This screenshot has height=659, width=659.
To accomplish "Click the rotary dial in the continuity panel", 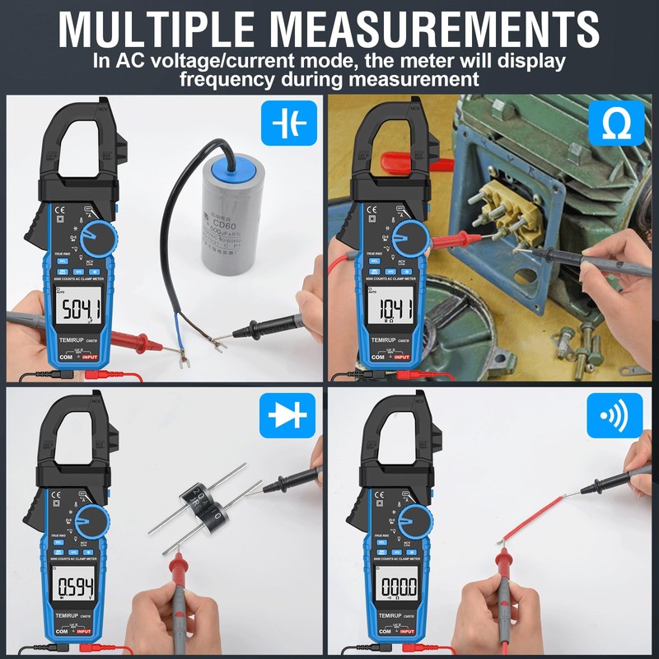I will click(x=415, y=522).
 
